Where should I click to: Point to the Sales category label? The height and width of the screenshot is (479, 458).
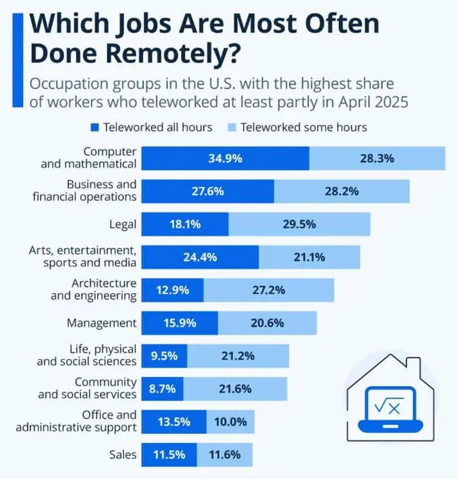122,454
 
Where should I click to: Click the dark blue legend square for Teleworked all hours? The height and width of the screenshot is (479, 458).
95,127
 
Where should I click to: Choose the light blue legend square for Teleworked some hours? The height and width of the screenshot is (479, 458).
232,127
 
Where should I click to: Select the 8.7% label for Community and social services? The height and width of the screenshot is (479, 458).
162,389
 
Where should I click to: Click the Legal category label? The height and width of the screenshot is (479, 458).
123,224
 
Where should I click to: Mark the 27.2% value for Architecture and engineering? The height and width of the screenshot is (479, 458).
269,290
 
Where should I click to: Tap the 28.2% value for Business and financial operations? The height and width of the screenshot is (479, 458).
342,191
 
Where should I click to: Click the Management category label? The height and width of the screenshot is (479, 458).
102,323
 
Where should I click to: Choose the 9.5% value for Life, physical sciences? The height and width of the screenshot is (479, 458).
164,356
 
